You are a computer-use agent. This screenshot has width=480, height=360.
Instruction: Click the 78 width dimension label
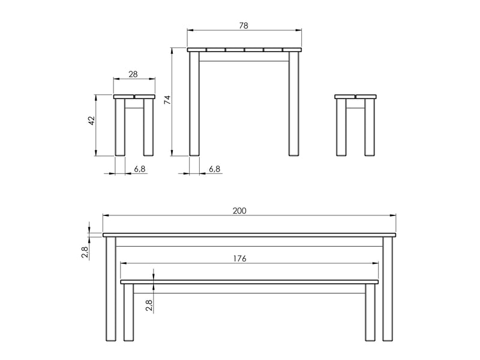coord(244,26)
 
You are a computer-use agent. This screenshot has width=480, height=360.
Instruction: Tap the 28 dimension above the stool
coord(133,74)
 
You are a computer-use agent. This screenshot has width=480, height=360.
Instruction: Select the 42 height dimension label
coord(92,121)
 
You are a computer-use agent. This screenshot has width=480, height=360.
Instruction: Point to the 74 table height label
coord(167,100)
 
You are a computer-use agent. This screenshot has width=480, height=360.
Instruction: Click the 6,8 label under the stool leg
coord(140,169)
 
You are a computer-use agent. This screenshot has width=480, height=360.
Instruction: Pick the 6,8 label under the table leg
coord(215,169)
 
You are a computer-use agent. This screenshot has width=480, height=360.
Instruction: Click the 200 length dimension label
coord(239,211)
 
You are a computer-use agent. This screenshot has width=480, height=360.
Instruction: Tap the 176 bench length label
coord(239,259)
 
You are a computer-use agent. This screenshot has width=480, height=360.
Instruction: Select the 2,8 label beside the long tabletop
coord(85,252)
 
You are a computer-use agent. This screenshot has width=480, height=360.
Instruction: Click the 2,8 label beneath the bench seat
coord(149,305)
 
